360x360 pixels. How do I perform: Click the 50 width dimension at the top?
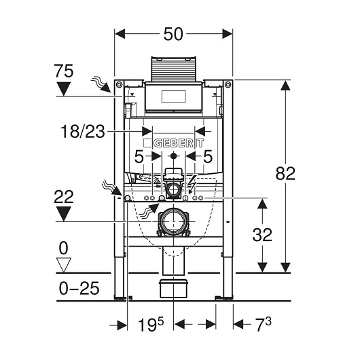coord(173,34)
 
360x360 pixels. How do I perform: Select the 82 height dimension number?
coord(285,174)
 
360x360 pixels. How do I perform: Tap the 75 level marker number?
coord(64,71)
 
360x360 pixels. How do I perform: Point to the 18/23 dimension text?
coord(83,132)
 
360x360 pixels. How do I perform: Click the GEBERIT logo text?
coord(179,143)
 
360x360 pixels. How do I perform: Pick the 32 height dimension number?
coord(262,234)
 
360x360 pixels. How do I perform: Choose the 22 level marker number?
coord(64,197)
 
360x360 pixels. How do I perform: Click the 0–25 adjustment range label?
coord(79,289)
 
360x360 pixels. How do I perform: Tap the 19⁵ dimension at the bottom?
coord(151,325)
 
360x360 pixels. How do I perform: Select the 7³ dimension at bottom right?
coord(264,325)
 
